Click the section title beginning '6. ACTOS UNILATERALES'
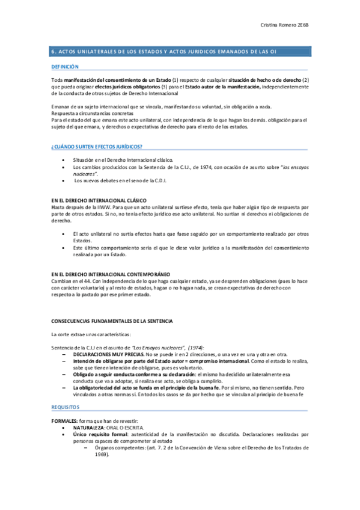click(169, 51)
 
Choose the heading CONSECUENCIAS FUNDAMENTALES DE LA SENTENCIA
click(112, 321)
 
